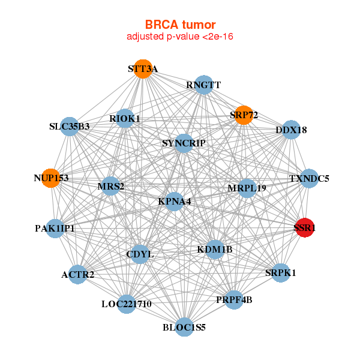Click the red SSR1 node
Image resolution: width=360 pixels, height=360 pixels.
[305, 227]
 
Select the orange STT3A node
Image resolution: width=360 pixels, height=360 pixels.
[142, 69]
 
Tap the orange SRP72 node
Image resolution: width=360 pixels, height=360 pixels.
[244, 115]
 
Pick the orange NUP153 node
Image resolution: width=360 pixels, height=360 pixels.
[51, 178]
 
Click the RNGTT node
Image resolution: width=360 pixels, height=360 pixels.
[203, 85]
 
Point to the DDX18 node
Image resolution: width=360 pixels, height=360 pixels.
[291, 130]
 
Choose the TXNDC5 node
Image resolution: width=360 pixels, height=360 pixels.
[309, 178]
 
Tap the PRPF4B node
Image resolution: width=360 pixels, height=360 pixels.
[234, 299]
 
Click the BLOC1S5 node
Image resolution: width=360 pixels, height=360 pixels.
[184, 327]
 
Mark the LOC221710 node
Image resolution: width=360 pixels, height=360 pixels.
[126, 304]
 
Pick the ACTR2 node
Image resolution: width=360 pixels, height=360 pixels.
[77, 275]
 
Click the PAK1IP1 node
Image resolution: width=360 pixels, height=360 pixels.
[55, 228]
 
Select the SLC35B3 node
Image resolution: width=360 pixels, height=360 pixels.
[70, 127]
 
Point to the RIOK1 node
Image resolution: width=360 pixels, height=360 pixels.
[125, 119]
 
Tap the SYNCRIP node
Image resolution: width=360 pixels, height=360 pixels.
[184, 143]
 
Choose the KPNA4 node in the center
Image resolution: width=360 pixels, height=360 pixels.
[174, 202]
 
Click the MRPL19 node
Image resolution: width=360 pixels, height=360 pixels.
[247, 188]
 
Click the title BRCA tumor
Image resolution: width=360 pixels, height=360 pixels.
[180, 25]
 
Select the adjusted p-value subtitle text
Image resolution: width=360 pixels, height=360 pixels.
[180, 37]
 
